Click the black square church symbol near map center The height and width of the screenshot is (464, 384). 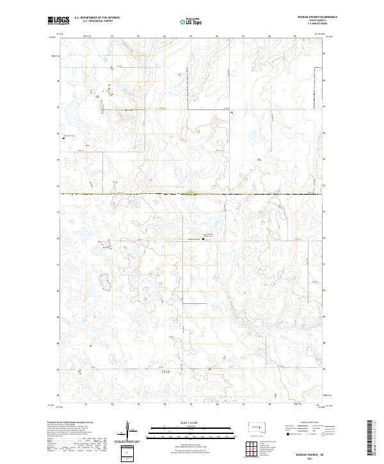[x=204, y=241]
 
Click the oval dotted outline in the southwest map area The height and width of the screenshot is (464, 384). [x=103, y=281]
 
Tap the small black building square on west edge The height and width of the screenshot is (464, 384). [x=62, y=137]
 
